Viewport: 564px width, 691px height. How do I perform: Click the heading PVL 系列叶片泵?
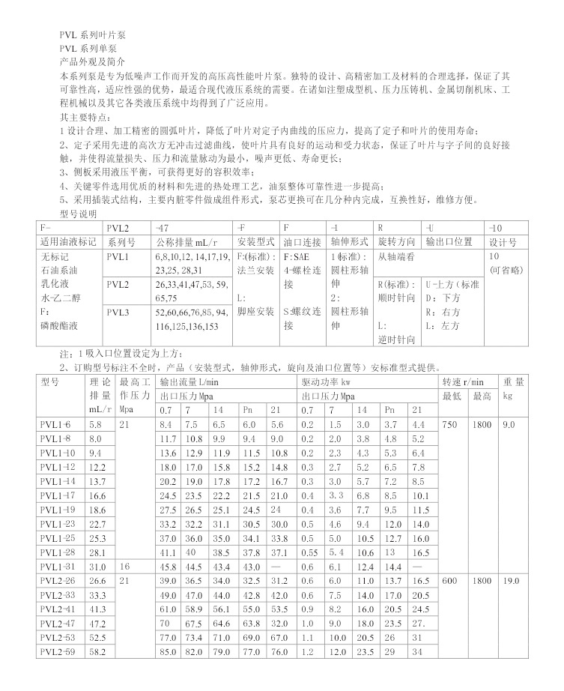(94, 35)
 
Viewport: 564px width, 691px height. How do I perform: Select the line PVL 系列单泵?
(88, 47)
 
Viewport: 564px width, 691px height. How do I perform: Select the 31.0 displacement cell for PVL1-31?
(96, 567)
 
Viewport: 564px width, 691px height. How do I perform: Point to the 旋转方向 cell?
(396, 242)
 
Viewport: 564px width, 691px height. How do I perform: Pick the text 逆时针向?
(396, 340)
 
